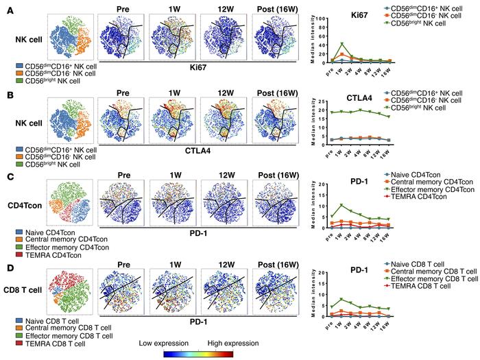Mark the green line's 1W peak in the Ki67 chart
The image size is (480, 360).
pos(341,45)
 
